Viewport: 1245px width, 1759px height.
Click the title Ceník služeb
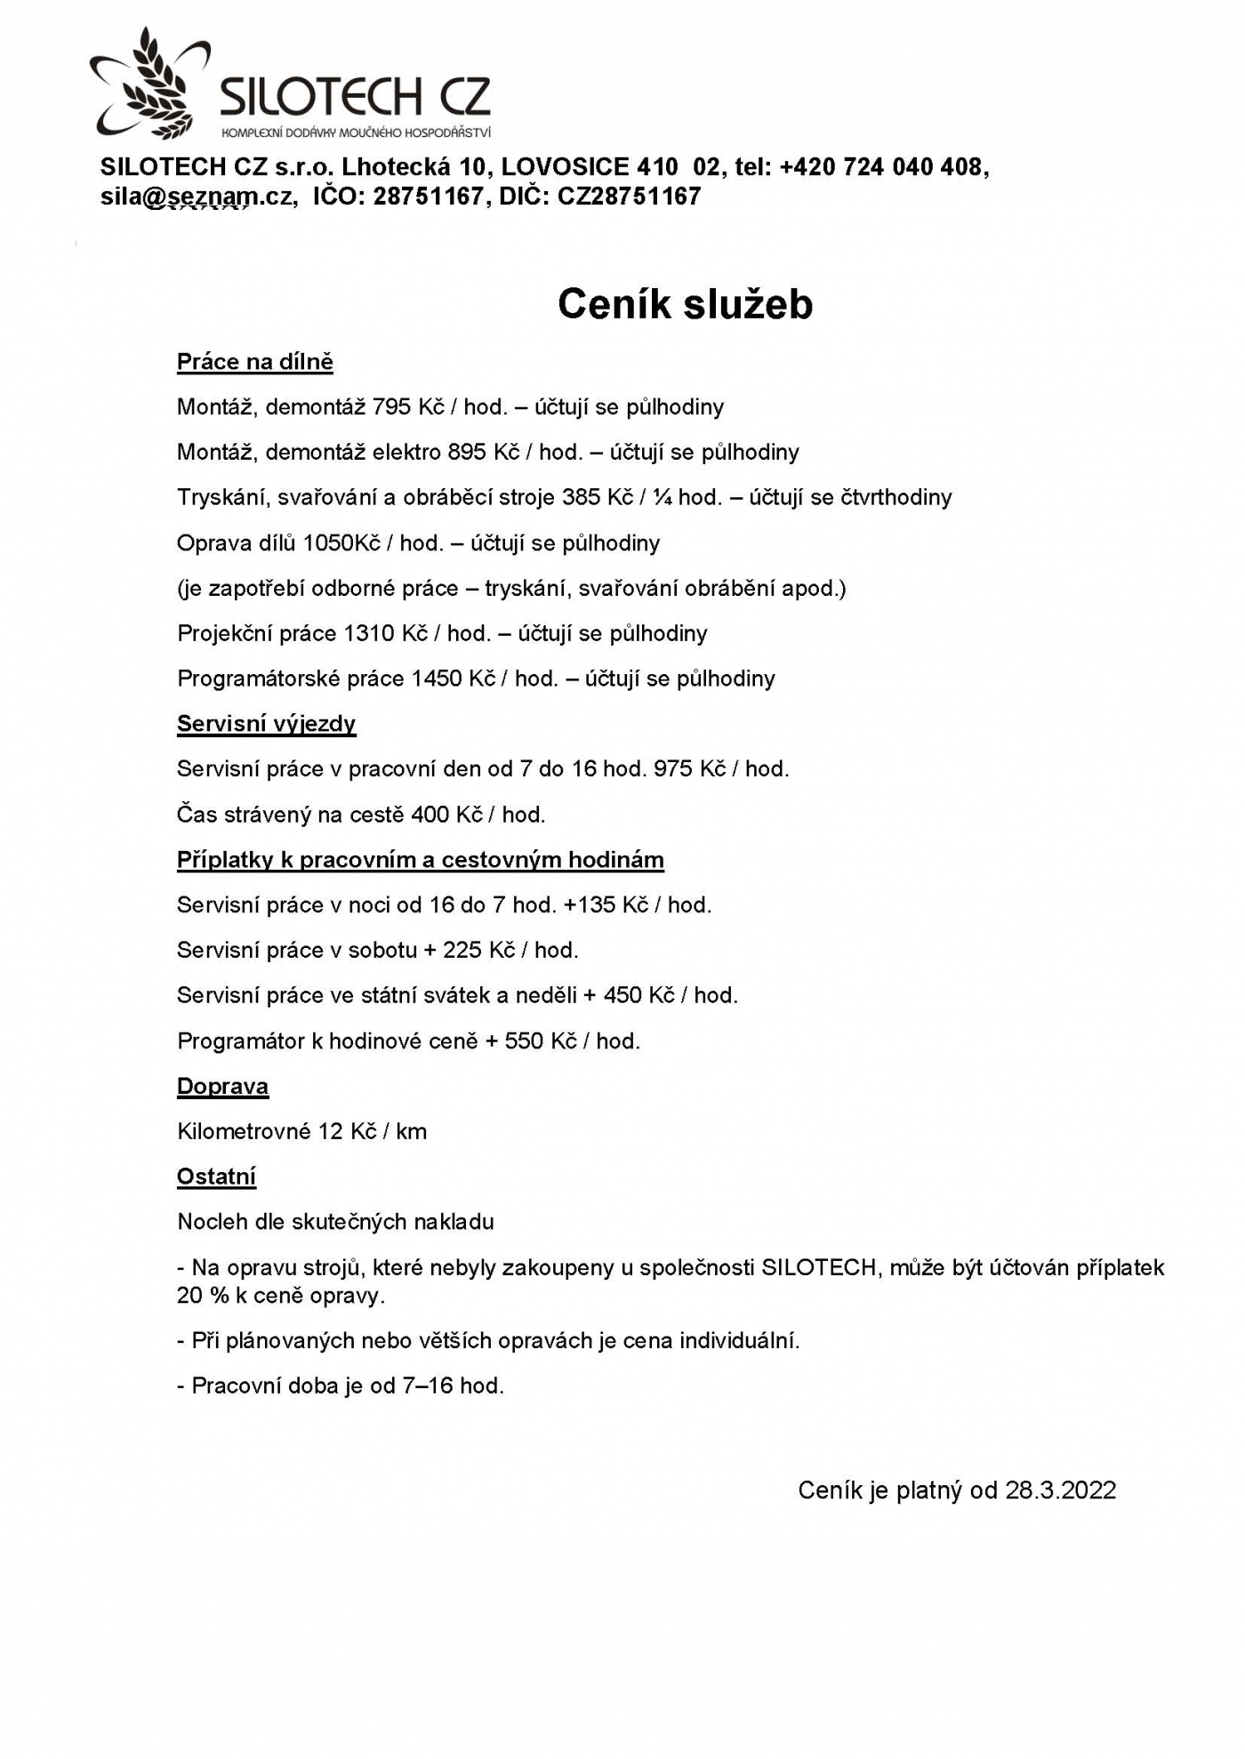pos(685,304)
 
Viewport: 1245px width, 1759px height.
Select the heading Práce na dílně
pos(254,362)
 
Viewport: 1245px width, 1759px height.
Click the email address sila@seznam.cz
pos(197,197)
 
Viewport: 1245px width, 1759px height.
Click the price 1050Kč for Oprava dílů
pos(341,543)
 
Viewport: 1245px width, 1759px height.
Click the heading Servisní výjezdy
pos(266,724)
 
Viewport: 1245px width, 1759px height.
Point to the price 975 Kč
pos(690,769)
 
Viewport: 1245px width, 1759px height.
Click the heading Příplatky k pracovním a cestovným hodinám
pos(420,860)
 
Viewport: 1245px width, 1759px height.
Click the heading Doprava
pos(222,1087)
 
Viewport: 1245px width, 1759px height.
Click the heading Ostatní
pos(216,1177)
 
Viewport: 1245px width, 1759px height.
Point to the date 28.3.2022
pos(1060,1490)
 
